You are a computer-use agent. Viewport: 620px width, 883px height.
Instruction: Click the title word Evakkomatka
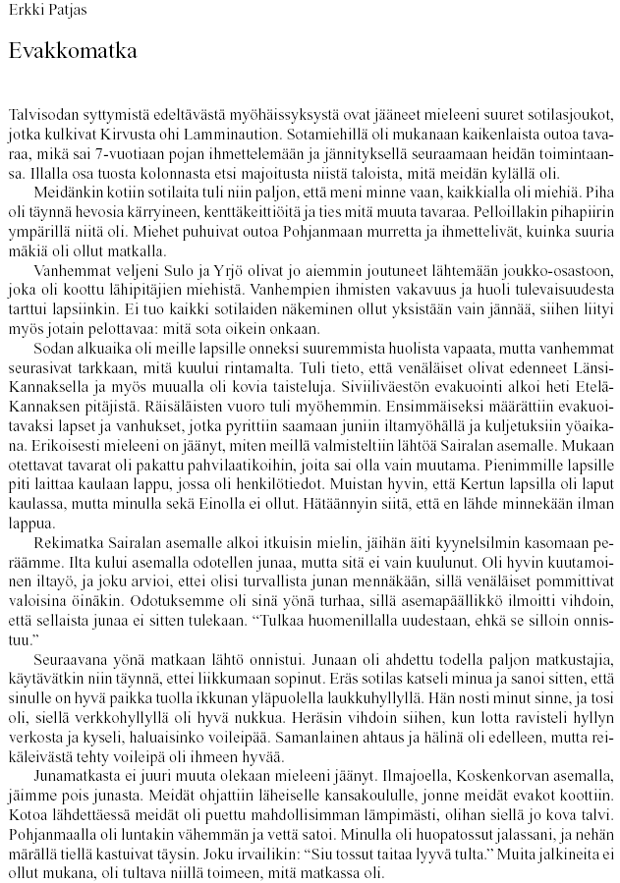click(71, 51)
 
